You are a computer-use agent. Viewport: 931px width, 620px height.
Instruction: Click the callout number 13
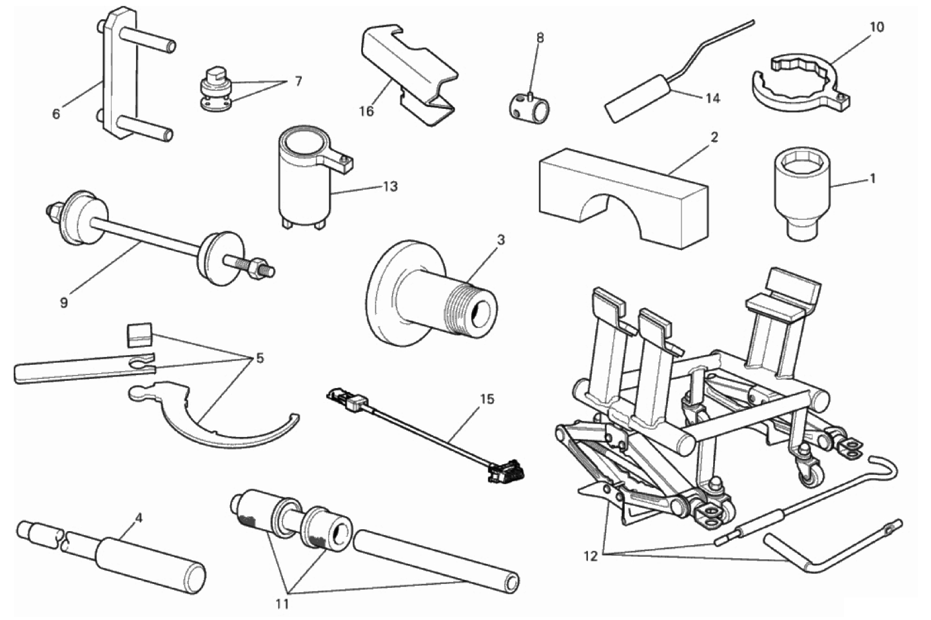click(x=390, y=187)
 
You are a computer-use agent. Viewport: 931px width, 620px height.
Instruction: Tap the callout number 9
click(x=63, y=302)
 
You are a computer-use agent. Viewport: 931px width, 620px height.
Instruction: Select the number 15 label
click(x=487, y=400)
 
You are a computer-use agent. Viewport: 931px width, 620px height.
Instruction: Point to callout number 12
click(x=590, y=556)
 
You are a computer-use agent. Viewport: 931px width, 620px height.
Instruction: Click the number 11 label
click(x=282, y=604)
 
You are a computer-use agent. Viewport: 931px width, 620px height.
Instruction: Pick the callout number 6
click(x=56, y=115)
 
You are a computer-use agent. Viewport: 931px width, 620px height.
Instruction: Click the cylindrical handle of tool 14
click(x=635, y=98)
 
